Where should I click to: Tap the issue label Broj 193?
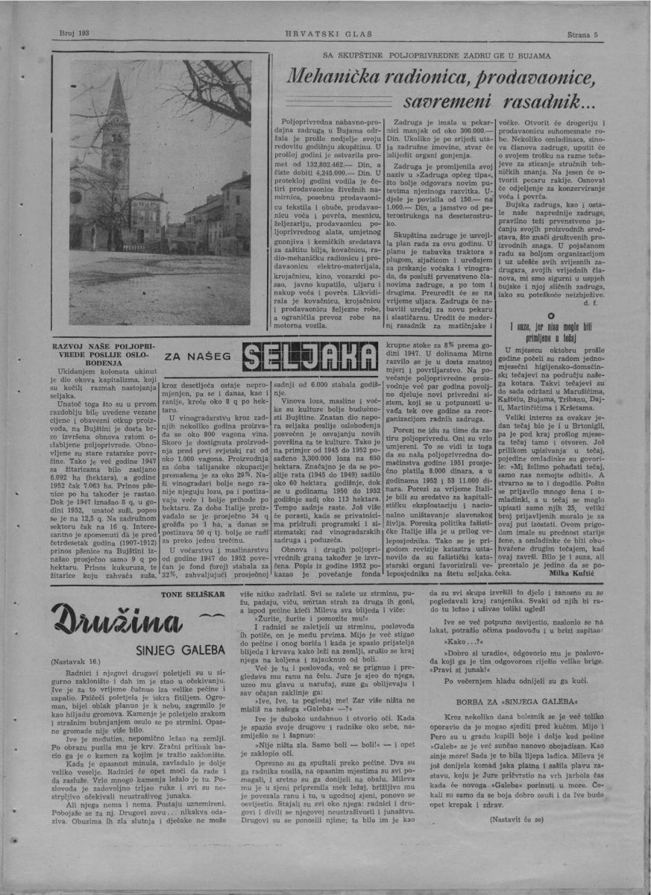(x=74, y=34)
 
